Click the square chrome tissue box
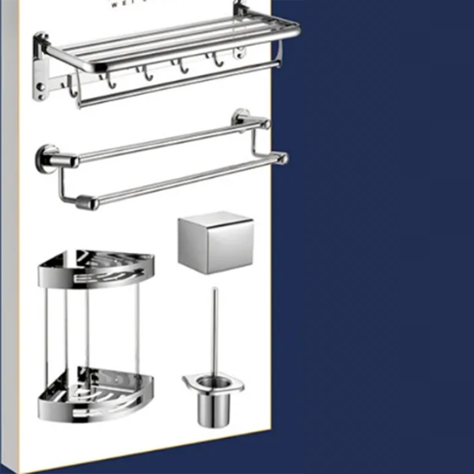click(x=215, y=243)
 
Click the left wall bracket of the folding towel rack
click(x=40, y=65)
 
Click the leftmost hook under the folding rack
click(x=71, y=89)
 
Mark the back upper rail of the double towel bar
click(x=166, y=142)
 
